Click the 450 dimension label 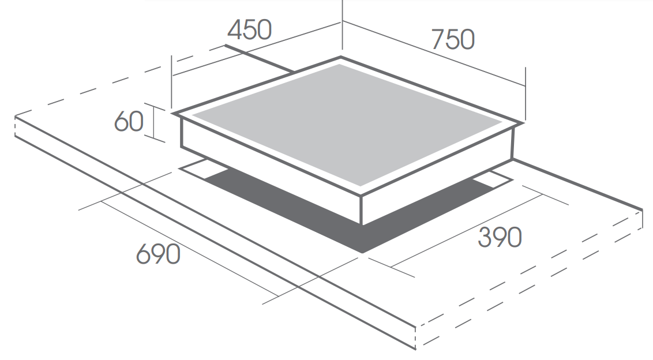(250, 29)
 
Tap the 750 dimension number (453, 40)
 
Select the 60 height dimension (129, 121)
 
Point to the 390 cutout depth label (500, 237)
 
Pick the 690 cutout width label (158, 254)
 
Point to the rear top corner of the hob (341, 57)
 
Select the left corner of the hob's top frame (172, 113)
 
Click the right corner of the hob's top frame (523, 123)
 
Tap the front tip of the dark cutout (362, 253)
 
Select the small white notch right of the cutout (495, 179)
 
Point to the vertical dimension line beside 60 (154, 122)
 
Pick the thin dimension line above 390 (467, 230)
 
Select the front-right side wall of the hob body (438, 175)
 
